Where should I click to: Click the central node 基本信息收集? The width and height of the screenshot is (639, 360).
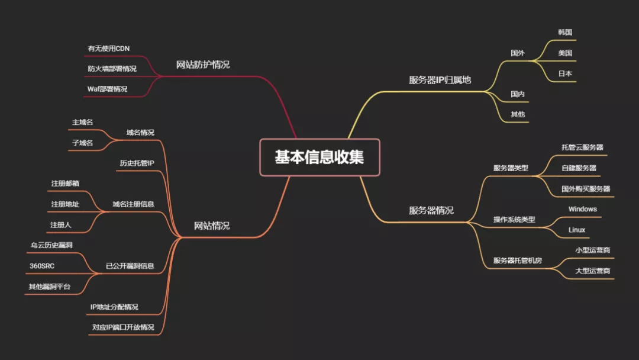click(319, 157)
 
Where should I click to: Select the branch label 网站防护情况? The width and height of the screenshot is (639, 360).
click(203, 65)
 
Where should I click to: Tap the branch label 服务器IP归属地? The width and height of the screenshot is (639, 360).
click(440, 80)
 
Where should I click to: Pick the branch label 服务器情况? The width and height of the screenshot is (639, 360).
click(431, 210)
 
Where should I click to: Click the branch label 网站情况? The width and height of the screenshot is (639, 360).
click(212, 226)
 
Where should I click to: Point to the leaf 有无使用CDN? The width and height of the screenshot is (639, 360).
click(109, 48)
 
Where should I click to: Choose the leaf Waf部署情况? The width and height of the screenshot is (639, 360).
click(108, 89)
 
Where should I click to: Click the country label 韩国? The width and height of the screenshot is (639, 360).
click(565, 32)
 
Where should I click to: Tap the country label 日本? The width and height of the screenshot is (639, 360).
click(565, 74)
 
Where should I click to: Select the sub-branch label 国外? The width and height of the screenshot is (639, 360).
click(518, 53)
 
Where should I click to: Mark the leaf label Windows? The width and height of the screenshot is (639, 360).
click(583, 209)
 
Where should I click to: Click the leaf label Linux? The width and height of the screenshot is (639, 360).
click(577, 230)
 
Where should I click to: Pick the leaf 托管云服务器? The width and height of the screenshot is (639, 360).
click(582, 147)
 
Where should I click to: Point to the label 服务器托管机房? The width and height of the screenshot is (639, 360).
click(518, 261)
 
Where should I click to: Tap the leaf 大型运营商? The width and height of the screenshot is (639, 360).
click(593, 271)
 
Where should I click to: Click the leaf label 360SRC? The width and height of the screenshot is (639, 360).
click(42, 266)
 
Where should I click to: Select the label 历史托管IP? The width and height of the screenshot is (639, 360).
click(137, 163)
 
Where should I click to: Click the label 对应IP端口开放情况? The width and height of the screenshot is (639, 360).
click(123, 327)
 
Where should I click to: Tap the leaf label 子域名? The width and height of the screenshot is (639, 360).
click(82, 143)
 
